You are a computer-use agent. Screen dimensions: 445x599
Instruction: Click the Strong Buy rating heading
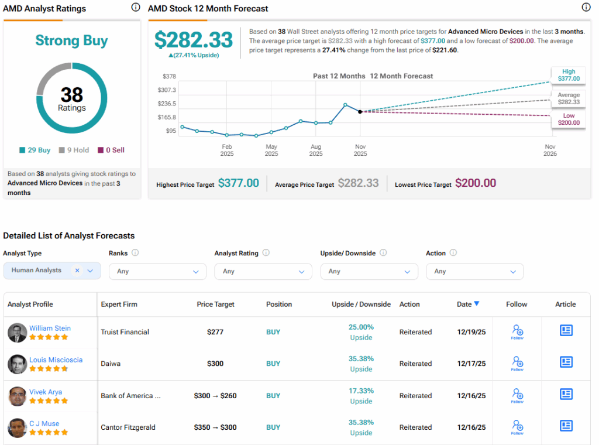pyautogui.click(x=71, y=40)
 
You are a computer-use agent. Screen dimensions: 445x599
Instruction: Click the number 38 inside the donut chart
pyautogui.click(x=71, y=94)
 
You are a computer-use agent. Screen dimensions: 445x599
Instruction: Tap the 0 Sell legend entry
pyautogui.click(x=111, y=150)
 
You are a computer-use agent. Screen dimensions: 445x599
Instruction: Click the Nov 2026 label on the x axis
pyautogui.click(x=550, y=150)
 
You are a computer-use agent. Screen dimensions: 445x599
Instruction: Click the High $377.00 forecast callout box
pyautogui.click(x=569, y=75)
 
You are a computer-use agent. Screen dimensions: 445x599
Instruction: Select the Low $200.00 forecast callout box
pyautogui.click(x=569, y=119)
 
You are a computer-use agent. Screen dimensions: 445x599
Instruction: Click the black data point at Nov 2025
pyautogui.click(x=360, y=111)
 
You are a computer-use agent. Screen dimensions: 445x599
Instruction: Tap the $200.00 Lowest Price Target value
pyautogui.click(x=476, y=183)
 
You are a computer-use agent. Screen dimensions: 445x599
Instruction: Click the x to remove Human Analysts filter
pyautogui.click(x=77, y=271)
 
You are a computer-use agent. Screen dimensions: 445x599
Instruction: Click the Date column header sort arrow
pyautogui.click(x=477, y=303)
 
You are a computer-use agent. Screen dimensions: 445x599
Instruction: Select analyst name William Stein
pyautogui.click(x=50, y=328)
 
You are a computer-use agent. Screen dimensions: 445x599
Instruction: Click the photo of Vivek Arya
pyautogui.click(x=17, y=396)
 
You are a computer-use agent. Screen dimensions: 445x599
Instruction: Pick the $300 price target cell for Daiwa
pyautogui.click(x=215, y=364)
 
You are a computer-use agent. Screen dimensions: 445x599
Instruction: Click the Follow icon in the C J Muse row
pyautogui.click(x=517, y=426)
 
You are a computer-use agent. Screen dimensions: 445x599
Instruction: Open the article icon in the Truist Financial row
pyautogui.click(x=566, y=330)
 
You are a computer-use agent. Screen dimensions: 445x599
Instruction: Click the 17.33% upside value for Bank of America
pyautogui.click(x=361, y=391)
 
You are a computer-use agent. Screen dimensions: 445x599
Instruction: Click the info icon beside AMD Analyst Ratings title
pyautogui.click(x=136, y=8)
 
